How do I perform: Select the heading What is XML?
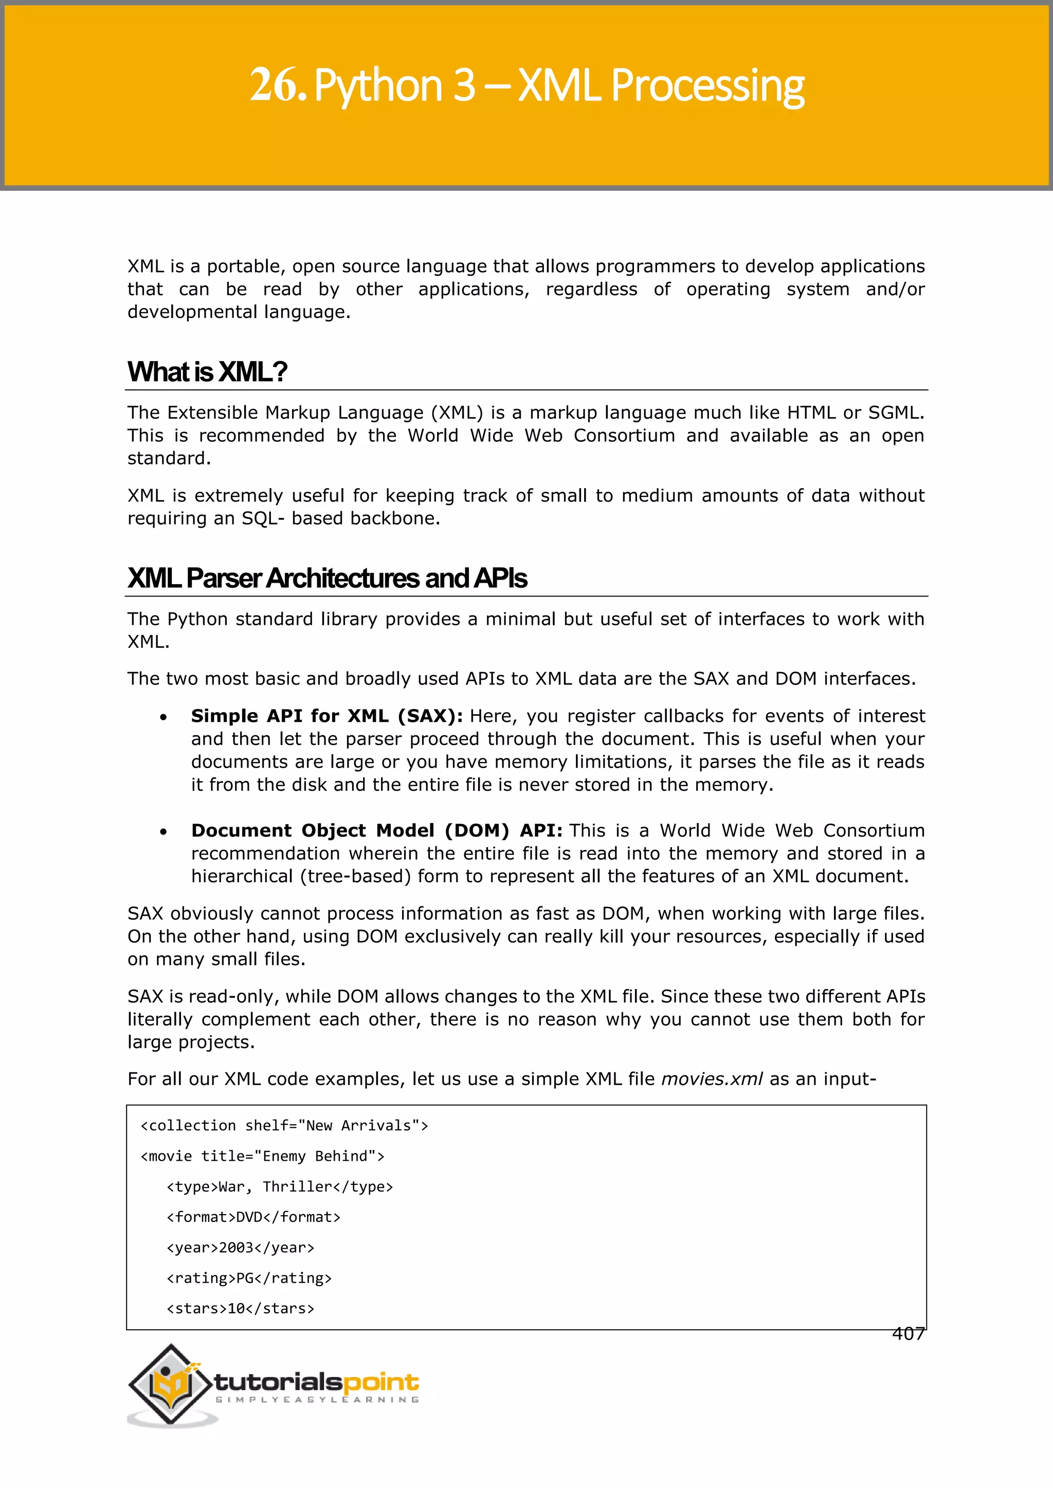pos(207,372)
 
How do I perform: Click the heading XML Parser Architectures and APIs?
pos(327,578)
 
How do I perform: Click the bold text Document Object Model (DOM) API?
pos(376,831)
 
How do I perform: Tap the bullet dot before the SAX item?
pos(164,717)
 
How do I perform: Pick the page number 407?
pos(908,1334)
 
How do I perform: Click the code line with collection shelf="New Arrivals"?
pos(284,1126)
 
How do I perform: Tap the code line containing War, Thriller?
pos(280,1186)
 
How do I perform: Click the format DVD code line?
pos(253,1217)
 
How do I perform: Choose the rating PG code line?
pos(249,1278)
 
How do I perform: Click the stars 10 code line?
pos(240,1309)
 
